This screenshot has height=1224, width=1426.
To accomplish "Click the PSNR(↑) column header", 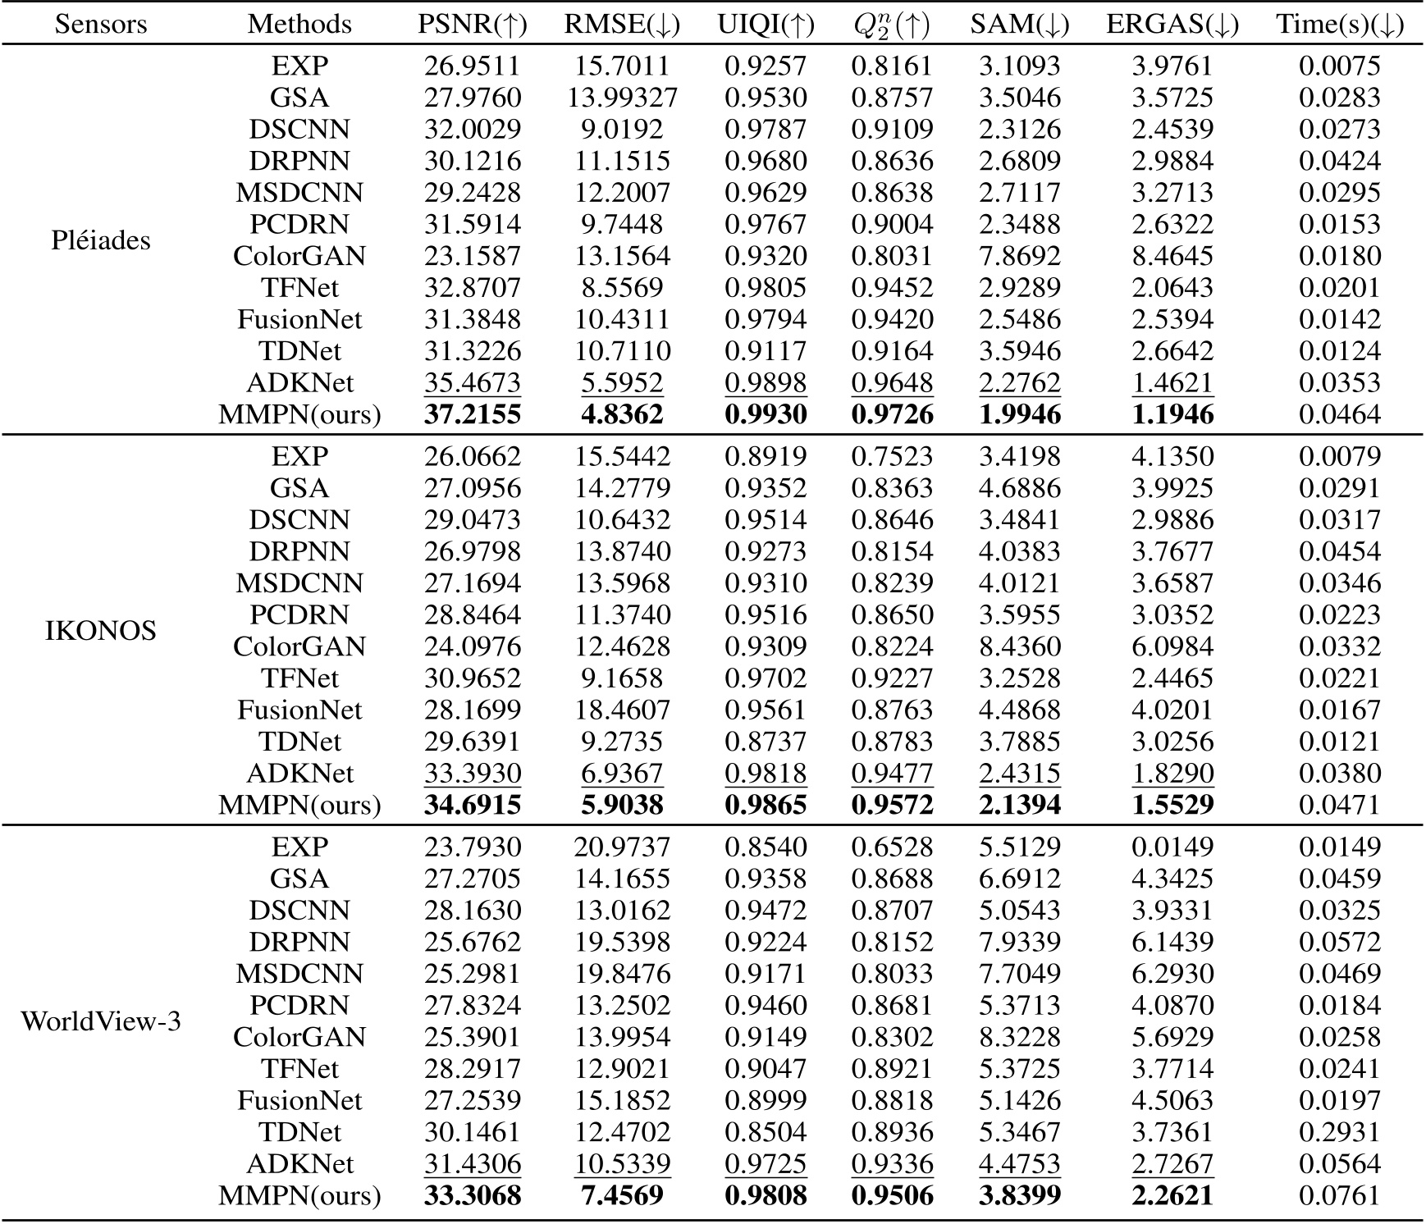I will point(472,25).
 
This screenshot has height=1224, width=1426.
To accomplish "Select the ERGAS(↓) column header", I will point(1172,25).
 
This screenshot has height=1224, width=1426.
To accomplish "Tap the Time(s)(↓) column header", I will point(1339,25).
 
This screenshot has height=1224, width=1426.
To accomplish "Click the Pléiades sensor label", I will point(101,240).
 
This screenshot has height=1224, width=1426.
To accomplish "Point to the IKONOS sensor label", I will point(101,631).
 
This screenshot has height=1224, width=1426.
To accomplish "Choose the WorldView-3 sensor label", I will point(101,1021).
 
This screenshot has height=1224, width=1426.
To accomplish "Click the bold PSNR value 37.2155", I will point(472,415).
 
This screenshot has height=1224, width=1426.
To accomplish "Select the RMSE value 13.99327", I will point(622,98).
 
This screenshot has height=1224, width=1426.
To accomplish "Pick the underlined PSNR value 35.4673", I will point(472,383).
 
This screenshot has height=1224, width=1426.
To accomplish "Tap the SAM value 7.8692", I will point(1019,256).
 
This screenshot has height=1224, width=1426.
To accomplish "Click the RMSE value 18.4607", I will point(622,710).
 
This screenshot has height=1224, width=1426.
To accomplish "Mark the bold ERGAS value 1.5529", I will point(1172,805).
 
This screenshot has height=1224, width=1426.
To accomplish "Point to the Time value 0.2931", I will point(1339,1132).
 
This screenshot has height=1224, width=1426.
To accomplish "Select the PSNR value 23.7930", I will point(472,847).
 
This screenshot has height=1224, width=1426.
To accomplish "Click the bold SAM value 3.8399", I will point(1019,1195).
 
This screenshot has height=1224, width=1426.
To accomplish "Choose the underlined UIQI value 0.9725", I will point(765,1164).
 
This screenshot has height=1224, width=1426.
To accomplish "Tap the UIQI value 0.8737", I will point(765,742).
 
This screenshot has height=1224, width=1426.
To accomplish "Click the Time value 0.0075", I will point(1339,66).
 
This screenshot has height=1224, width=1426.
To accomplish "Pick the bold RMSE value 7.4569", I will point(622,1195).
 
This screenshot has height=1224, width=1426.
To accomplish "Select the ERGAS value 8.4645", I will point(1172,256).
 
